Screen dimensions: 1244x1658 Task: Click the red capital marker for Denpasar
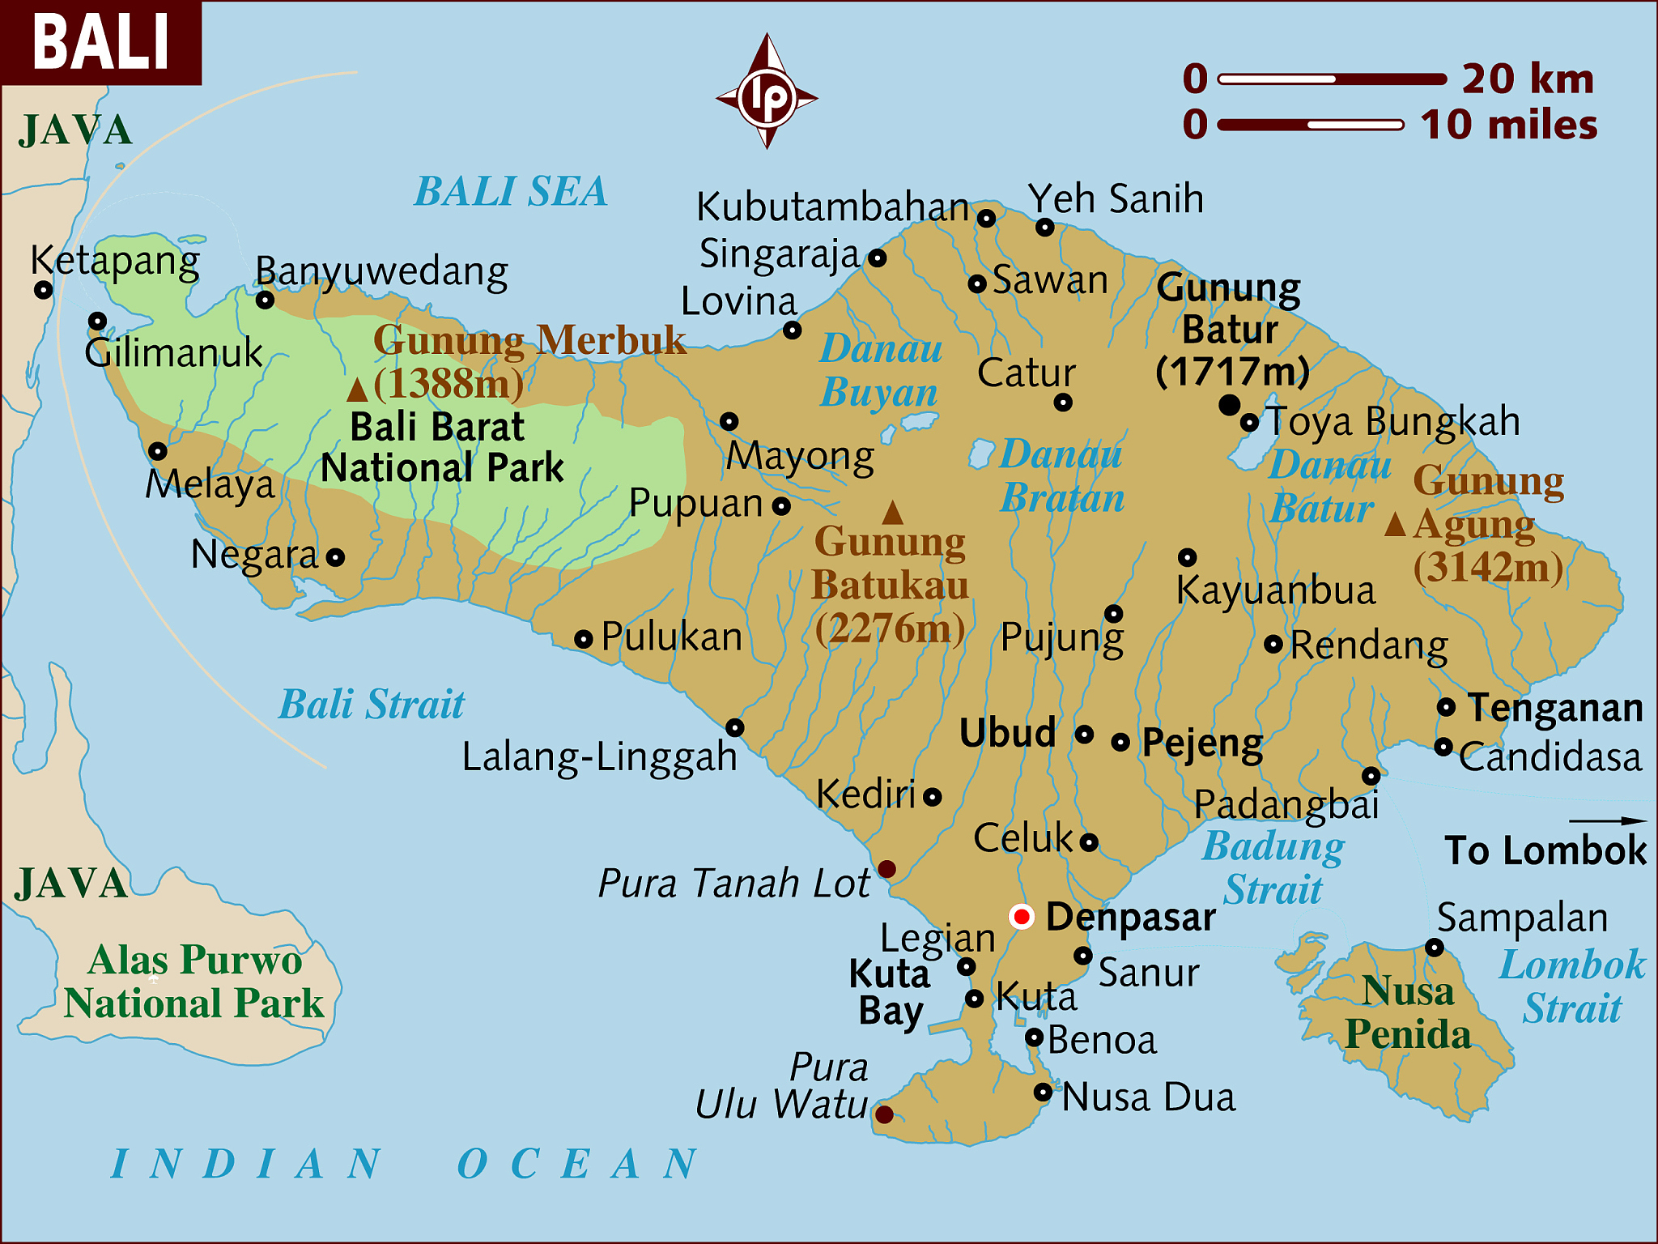[x=1022, y=917]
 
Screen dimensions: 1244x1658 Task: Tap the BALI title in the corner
[x=101, y=42]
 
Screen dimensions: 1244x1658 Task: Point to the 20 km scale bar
[x=1332, y=79]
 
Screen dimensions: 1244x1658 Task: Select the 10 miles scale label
[x=1509, y=125]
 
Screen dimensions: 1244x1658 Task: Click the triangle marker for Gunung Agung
[x=1395, y=525]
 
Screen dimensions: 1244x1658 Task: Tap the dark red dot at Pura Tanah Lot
[x=886, y=869]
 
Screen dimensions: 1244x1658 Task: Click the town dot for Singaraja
[x=878, y=258]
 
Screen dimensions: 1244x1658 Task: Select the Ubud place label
[x=1008, y=733]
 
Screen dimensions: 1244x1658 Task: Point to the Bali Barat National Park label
[x=441, y=448]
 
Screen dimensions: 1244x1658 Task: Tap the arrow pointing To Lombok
[x=1607, y=821]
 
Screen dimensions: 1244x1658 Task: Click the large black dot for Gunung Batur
[x=1229, y=404]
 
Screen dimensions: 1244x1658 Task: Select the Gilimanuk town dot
[x=97, y=321]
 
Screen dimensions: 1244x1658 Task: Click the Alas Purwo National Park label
[x=194, y=982]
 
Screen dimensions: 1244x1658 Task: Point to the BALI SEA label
[x=510, y=192]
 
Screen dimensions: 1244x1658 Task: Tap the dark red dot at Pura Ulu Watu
[x=884, y=1114]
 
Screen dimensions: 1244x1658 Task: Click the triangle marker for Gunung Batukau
[x=892, y=513]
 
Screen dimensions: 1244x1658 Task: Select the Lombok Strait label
[x=1572, y=986]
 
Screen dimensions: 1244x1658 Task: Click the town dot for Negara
[x=335, y=557]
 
